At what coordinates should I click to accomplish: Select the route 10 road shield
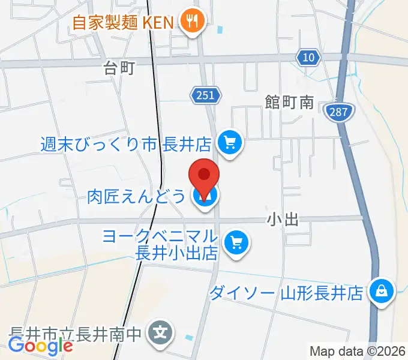click(x=307, y=57)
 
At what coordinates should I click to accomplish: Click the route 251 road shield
click(x=207, y=94)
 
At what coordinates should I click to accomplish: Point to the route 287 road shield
click(x=340, y=111)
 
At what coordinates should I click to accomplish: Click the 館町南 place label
click(x=290, y=103)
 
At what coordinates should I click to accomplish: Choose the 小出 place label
click(x=283, y=220)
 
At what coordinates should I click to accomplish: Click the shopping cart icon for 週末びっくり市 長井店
click(x=229, y=143)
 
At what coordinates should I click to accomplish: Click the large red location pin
click(x=204, y=179)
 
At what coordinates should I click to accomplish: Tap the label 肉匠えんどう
click(x=137, y=196)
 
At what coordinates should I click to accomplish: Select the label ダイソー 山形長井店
click(x=287, y=293)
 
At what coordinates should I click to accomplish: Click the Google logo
click(x=40, y=345)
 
